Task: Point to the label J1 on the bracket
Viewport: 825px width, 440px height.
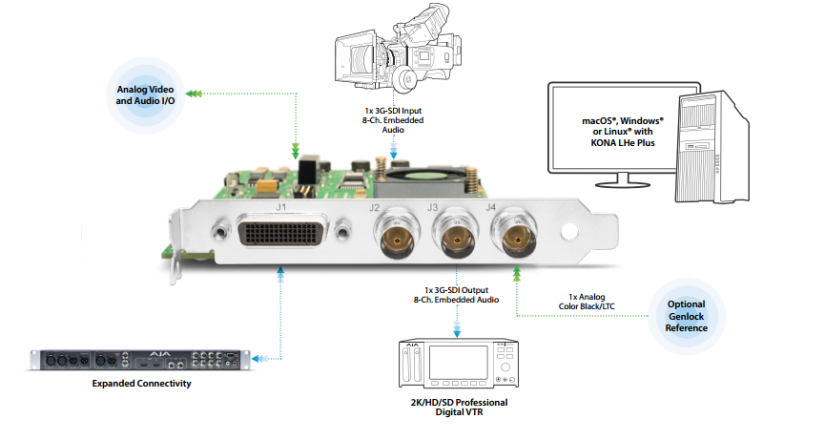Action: (x=281, y=206)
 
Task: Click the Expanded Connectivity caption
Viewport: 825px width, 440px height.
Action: (x=142, y=384)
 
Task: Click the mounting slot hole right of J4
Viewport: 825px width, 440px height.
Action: (x=570, y=232)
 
